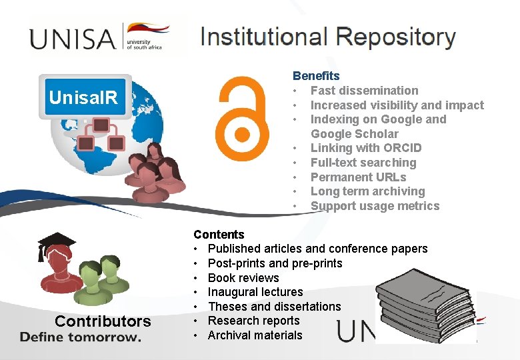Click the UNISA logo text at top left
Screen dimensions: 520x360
click(73, 38)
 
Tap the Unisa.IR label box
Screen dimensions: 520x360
click(84, 98)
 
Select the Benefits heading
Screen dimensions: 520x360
click(316, 76)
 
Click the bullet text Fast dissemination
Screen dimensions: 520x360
click(364, 91)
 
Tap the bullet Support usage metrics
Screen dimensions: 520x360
click(375, 206)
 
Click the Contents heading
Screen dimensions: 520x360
click(219, 235)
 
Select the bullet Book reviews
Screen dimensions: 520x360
click(243, 278)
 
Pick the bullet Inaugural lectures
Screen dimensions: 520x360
click(255, 292)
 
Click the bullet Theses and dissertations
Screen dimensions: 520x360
click(274, 307)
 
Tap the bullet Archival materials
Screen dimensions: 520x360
click(255, 335)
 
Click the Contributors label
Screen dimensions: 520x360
click(103, 321)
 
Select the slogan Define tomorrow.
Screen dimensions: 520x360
click(80, 337)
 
